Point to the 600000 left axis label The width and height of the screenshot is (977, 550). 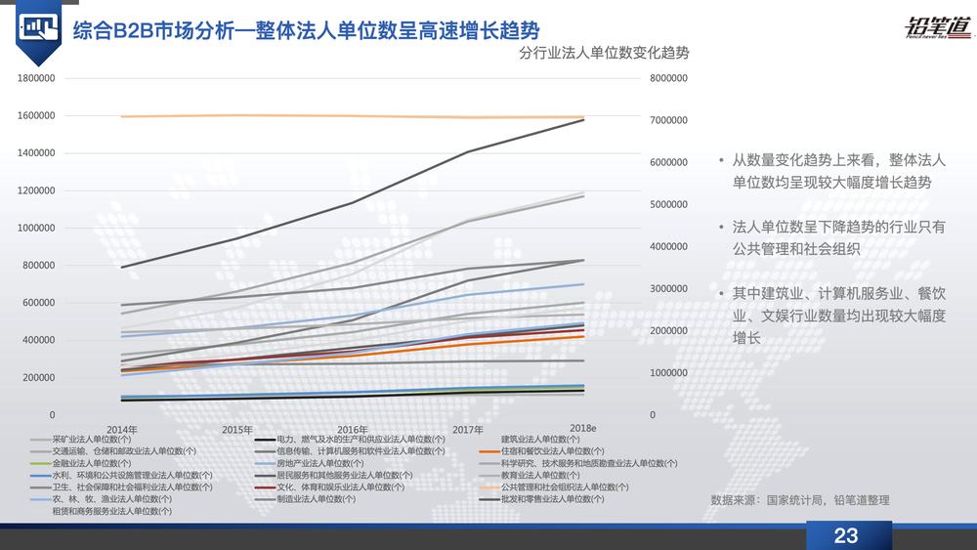coord(38,303)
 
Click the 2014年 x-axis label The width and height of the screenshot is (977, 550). coord(121,430)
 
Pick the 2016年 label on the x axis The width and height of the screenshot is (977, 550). coord(352,430)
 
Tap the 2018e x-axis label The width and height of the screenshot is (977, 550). coord(583,430)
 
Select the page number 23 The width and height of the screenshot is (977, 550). coord(845,535)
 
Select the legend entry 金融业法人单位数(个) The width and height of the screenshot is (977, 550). coord(92,463)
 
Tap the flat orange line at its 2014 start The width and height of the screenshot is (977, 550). coord(121,116)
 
